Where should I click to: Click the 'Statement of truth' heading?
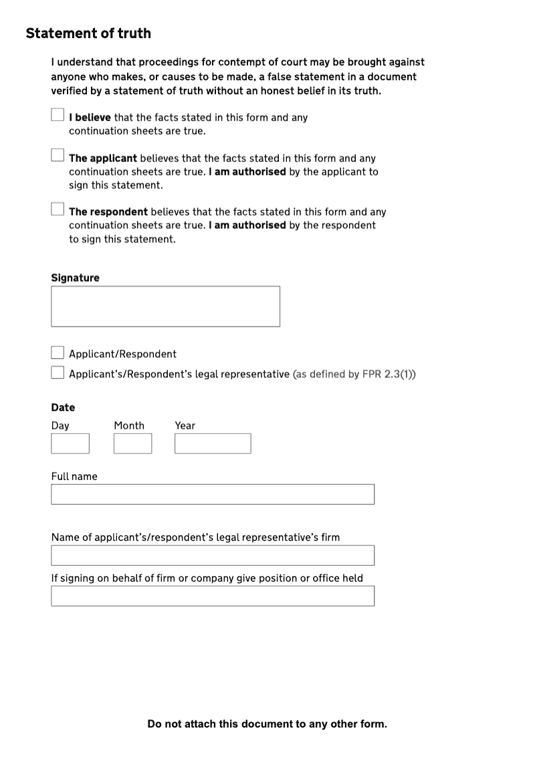click(x=88, y=33)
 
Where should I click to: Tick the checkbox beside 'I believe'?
click(x=58, y=115)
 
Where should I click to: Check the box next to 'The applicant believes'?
click(x=58, y=155)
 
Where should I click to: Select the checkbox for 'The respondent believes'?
click(x=58, y=209)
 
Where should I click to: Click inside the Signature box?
click(x=165, y=307)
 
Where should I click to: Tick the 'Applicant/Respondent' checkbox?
click(x=58, y=353)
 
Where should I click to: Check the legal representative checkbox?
click(x=58, y=373)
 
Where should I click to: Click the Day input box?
click(x=70, y=444)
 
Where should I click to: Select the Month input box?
click(x=132, y=444)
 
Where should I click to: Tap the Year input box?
click(x=213, y=444)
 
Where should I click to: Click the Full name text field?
click(x=213, y=494)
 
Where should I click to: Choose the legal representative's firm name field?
click(x=213, y=555)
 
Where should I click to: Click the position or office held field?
click(x=213, y=596)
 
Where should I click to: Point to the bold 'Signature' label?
click(x=75, y=278)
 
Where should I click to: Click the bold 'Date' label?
click(x=63, y=407)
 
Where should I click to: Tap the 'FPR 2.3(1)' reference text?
click(x=387, y=374)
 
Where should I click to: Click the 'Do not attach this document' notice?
click(x=267, y=724)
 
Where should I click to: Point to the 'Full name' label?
click(x=74, y=477)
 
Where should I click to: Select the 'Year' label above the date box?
click(x=185, y=426)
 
